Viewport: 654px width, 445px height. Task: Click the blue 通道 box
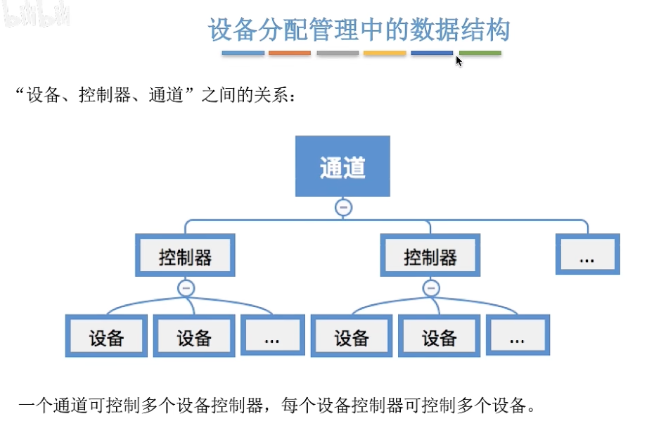point(342,166)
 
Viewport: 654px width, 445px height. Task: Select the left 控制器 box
point(185,256)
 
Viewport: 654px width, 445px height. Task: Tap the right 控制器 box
point(430,256)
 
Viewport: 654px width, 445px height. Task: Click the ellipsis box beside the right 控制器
point(587,255)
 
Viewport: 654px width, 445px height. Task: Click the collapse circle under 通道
point(343,208)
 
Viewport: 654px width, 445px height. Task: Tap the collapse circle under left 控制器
point(186,287)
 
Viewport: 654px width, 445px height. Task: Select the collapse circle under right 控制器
point(431,287)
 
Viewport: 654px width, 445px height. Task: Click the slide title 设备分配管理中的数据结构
point(359,30)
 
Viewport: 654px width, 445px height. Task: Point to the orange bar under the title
point(290,53)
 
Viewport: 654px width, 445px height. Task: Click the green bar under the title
point(480,53)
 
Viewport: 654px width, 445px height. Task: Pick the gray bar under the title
point(338,53)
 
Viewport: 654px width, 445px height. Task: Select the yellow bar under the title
point(385,53)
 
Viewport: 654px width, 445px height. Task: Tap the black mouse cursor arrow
point(459,61)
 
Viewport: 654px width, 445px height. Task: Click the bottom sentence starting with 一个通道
point(277,406)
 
